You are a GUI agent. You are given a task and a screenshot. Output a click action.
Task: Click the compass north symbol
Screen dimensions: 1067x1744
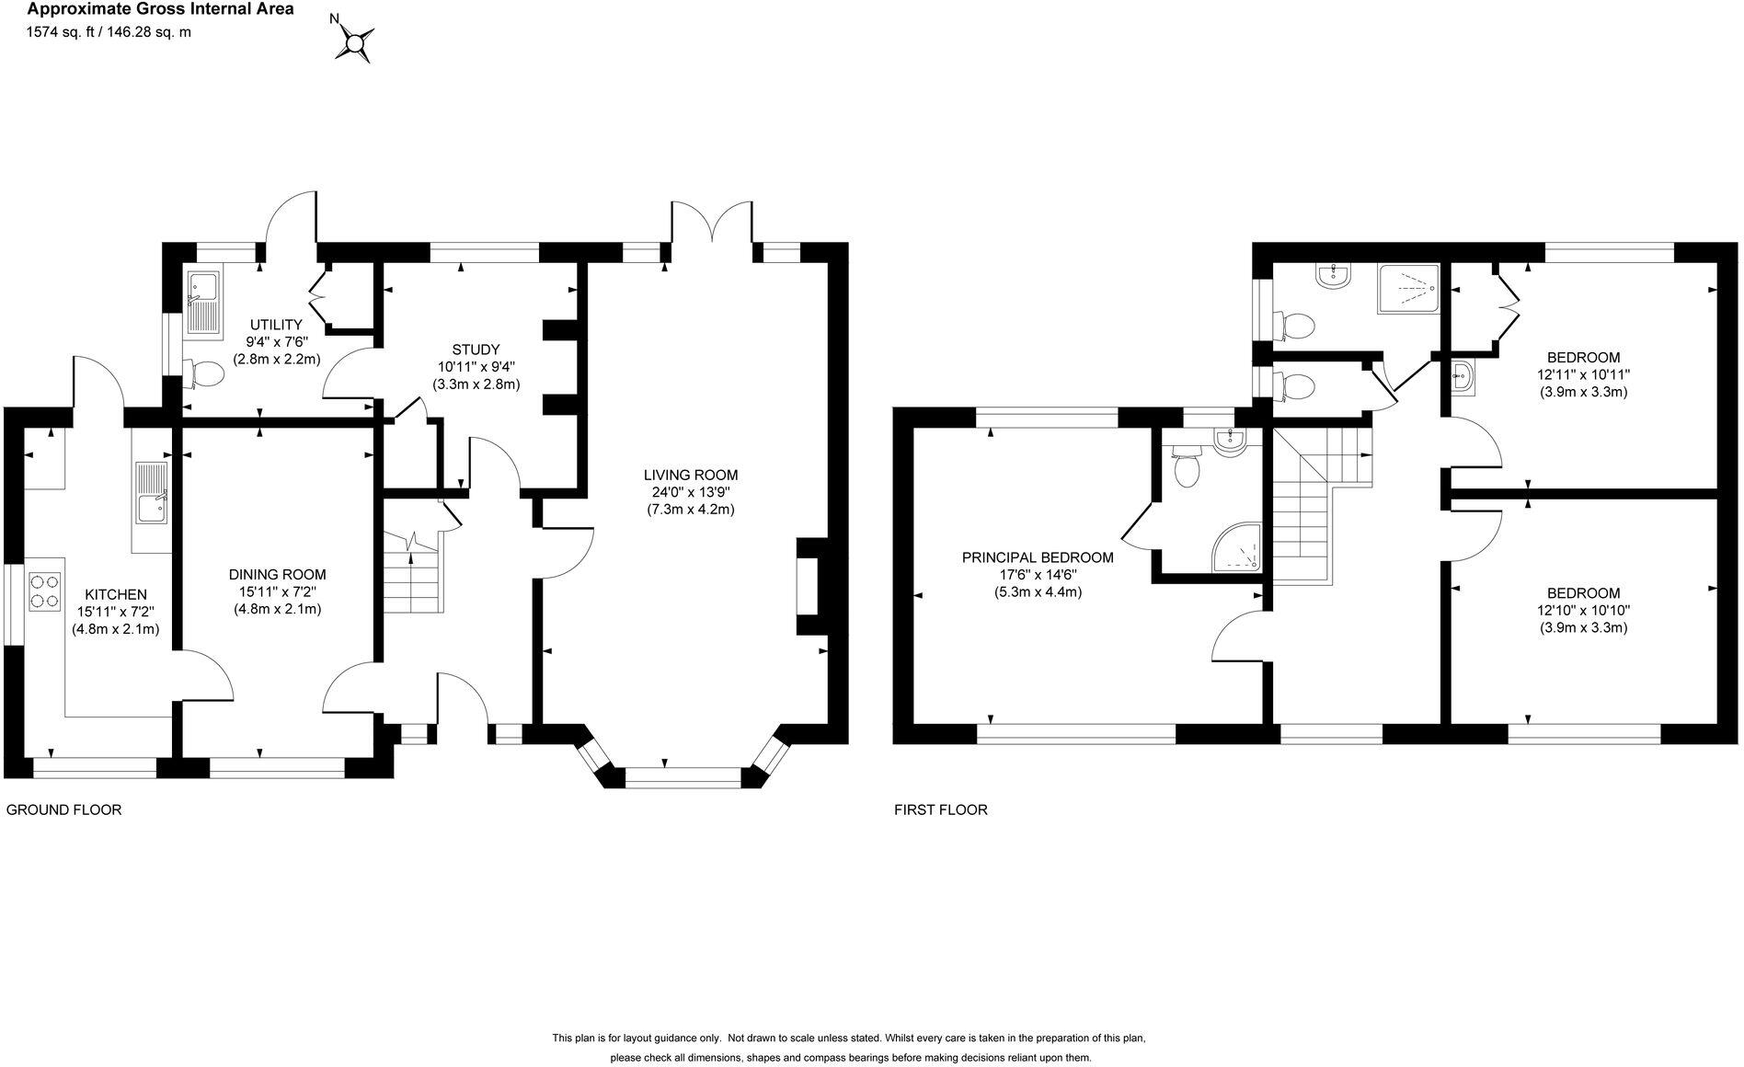(x=354, y=40)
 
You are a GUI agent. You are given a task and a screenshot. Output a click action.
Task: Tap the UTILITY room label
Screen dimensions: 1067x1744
(x=276, y=325)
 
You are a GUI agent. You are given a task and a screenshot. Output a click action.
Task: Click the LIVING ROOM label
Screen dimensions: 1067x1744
(x=690, y=475)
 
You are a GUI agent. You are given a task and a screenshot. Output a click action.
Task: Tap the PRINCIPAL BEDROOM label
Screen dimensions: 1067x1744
(x=1038, y=557)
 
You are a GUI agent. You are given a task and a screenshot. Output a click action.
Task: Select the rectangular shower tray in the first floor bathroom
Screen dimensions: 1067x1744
(x=1407, y=289)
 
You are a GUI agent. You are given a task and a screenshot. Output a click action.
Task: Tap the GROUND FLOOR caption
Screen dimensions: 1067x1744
(x=63, y=810)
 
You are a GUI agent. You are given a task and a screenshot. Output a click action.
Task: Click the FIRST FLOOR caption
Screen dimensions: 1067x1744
(x=941, y=810)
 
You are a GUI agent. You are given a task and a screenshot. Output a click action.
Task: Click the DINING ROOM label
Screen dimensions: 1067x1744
(x=277, y=575)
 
